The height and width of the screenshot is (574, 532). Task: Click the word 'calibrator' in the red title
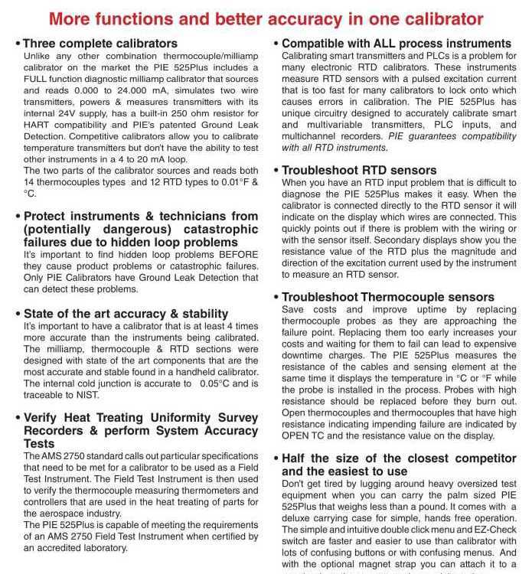pyautogui.click(x=443, y=18)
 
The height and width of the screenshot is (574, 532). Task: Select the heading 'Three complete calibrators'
pyautogui.click(x=100, y=44)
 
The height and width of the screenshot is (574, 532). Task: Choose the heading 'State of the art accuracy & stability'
pyautogui.click(x=126, y=314)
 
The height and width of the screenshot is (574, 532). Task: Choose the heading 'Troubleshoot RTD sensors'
pyautogui.click(x=359, y=171)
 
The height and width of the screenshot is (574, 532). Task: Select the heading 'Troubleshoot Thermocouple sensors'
pyautogui.click(x=388, y=297)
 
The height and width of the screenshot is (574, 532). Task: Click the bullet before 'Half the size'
pyautogui.click(x=276, y=458)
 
